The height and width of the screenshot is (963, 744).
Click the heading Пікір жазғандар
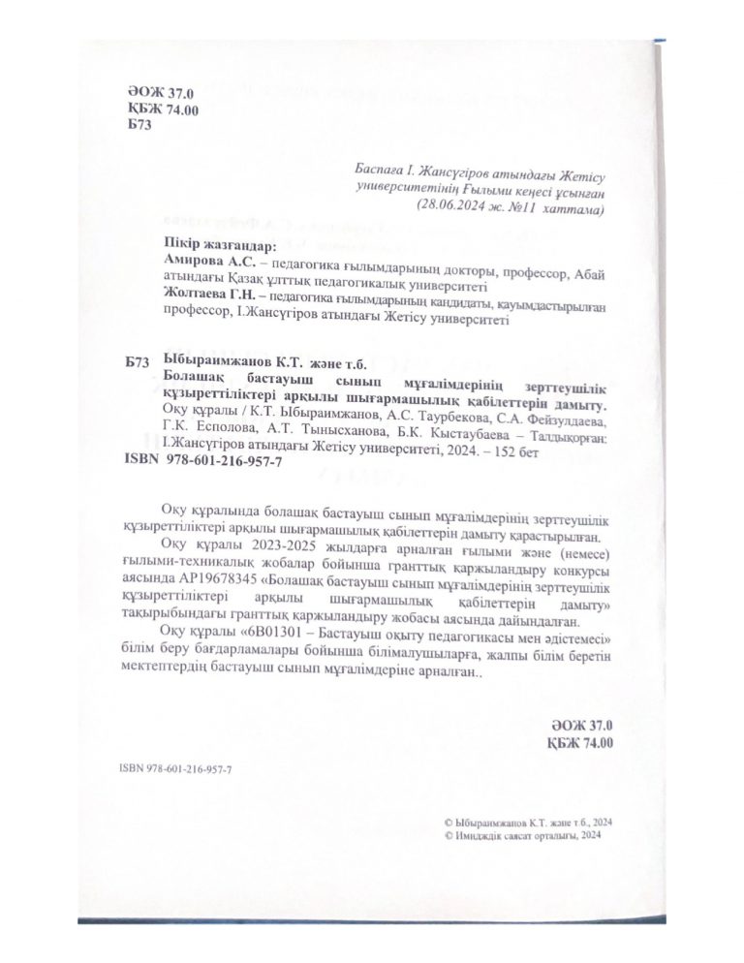(201, 246)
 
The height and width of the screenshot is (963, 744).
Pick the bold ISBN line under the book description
(204, 464)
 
